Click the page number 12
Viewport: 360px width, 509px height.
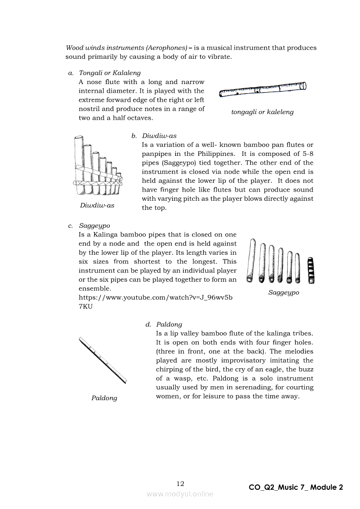click(x=180, y=483)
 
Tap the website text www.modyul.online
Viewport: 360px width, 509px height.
click(x=180, y=494)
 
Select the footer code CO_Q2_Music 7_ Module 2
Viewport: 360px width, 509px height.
click(x=296, y=487)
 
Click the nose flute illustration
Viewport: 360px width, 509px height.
click(x=262, y=89)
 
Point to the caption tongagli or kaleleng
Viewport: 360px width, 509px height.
click(x=262, y=112)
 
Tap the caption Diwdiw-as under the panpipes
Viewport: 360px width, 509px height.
click(x=97, y=206)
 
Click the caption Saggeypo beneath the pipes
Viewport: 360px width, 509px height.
click(x=284, y=293)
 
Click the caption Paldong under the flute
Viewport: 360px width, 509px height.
click(x=104, y=398)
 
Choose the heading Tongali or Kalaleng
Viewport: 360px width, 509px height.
click(x=110, y=73)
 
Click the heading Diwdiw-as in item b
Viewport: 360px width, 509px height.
click(x=160, y=136)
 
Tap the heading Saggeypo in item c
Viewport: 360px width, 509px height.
click(x=95, y=226)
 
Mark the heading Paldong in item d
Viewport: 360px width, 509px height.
click(x=169, y=324)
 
